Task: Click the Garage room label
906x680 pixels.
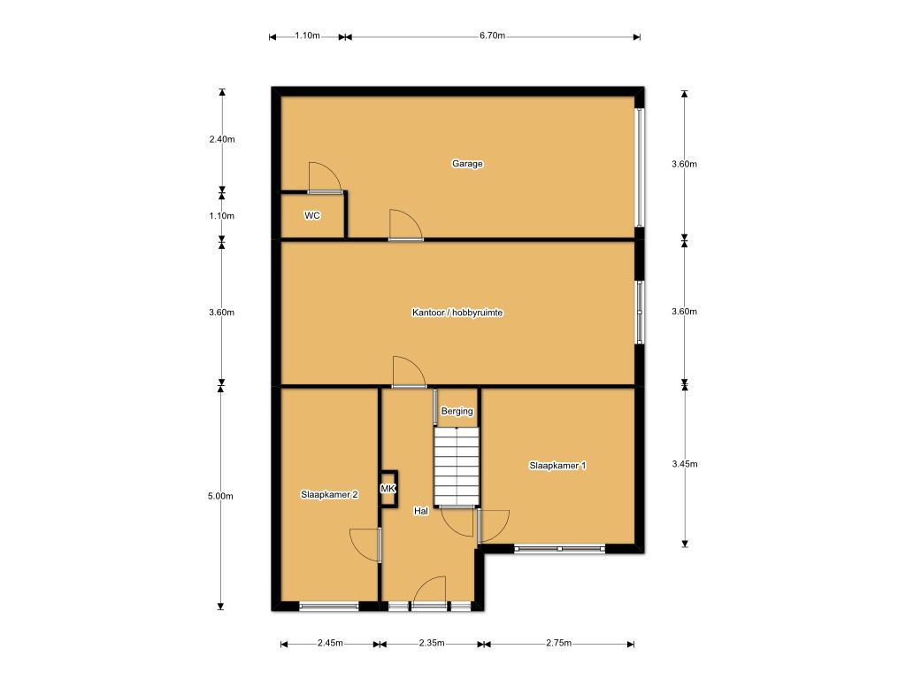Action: (467, 164)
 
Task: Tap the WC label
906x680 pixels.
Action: (312, 216)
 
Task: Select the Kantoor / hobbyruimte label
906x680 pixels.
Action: (457, 313)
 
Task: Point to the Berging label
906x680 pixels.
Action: (457, 411)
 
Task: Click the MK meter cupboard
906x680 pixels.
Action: (388, 489)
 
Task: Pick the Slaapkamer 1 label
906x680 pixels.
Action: (557, 466)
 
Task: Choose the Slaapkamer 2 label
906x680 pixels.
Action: (329, 494)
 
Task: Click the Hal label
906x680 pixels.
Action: (420, 511)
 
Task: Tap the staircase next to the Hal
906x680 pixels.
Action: (457, 466)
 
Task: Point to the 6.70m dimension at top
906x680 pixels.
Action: (492, 35)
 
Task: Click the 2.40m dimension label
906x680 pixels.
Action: (222, 139)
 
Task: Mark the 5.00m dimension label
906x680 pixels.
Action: (220, 496)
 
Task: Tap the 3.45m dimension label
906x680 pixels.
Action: (685, 464)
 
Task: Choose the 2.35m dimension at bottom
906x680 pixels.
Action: (432, 643)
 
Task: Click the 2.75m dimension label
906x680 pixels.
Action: (559, 643)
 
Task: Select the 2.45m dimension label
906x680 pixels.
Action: (330, 643)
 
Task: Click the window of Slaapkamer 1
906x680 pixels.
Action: (559, 548)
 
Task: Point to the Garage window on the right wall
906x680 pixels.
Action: (640, 167)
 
